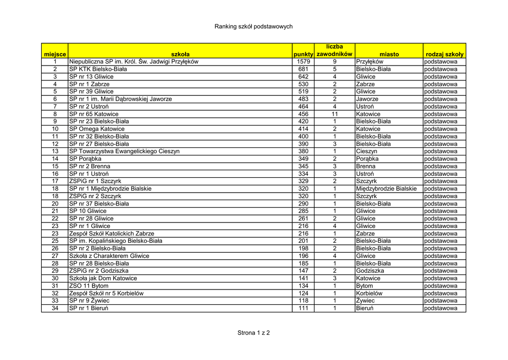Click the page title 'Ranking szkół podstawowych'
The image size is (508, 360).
254,26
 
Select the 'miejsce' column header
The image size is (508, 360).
55,54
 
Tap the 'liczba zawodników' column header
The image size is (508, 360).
334,50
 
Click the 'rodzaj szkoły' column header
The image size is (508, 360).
444,54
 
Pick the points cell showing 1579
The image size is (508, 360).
303,62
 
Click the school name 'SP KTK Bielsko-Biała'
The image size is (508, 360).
98,69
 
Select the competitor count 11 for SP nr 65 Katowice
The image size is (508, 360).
334,114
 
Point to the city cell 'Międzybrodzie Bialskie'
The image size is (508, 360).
386,189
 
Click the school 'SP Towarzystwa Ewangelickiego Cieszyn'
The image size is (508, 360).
125,151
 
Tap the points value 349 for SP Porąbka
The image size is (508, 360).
303,159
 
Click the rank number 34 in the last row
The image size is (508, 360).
55,308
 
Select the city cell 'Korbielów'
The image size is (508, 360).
369,293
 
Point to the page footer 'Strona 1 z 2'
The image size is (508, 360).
254,333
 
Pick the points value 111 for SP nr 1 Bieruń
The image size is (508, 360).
303,308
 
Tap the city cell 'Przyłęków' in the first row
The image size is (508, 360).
370,62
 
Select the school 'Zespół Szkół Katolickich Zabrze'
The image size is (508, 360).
112,233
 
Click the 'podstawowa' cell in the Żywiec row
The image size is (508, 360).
441,301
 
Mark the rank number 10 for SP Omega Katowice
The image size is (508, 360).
55,129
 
